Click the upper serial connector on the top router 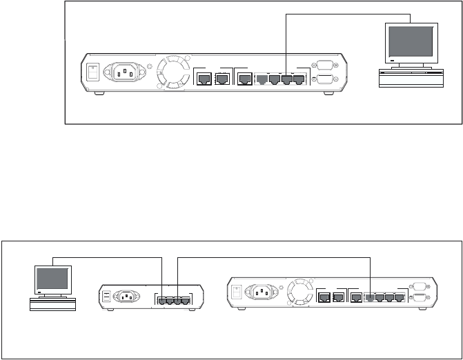[324, 66]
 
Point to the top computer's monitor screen [413, 42]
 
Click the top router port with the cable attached [286, 79]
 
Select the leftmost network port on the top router [204, 79]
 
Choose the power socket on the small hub [126, 297]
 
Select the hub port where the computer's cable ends [161, 301]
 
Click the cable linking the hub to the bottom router [276, 258]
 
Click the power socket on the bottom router [260, 294]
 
